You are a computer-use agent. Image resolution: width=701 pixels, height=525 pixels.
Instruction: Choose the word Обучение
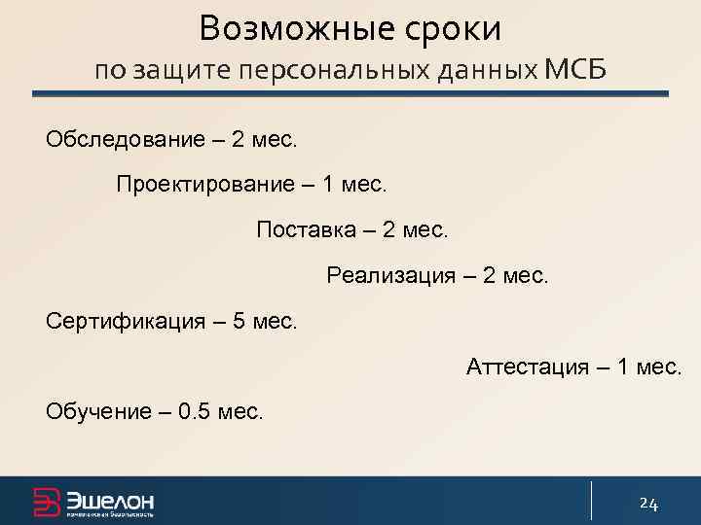96,411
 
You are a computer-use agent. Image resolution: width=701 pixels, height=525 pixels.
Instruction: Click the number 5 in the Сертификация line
240,321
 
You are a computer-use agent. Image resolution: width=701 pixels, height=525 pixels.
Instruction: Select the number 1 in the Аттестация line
625,367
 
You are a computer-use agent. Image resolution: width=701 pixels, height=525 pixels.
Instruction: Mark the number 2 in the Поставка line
390,229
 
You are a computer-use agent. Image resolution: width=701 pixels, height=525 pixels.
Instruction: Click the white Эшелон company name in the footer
110,500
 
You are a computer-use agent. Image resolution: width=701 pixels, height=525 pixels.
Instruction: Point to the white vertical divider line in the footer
591,501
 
